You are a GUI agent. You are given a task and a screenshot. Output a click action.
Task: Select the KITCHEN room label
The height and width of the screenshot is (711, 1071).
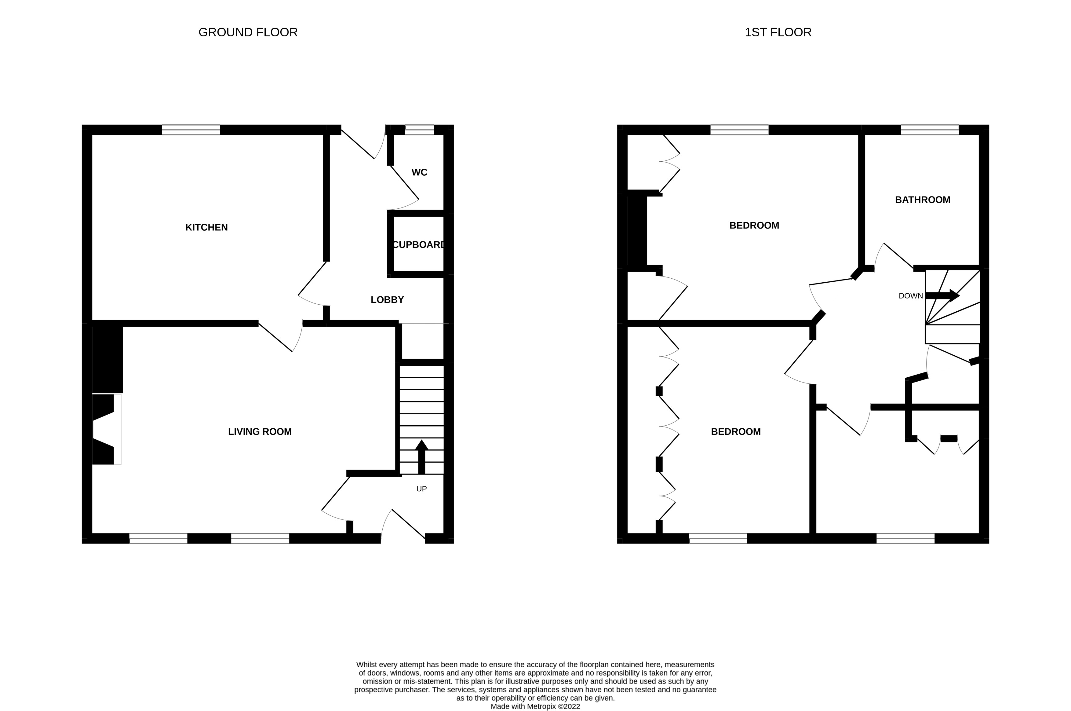pyautogui.click(x=206, y=228)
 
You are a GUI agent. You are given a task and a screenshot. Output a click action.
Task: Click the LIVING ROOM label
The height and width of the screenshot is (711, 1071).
pyautogui.click(x=260, y=432)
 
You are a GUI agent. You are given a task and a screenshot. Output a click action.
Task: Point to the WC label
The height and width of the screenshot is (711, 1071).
pyautogui.click(x=419, y=172)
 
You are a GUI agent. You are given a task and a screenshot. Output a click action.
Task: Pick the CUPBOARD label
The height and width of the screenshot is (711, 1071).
pyautogui.click(x=418, y=245)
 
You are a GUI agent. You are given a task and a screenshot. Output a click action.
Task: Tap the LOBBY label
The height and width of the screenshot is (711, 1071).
pyautogui.click(x=387, y=300)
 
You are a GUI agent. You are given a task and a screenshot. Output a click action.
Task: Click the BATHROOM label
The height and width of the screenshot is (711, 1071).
pyautogui.click(x=922, y=200)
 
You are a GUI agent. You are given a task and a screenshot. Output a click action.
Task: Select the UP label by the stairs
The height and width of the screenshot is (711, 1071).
pyautogui.click(x=421, y=489)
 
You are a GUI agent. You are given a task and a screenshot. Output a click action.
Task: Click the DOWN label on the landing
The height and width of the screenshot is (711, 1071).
pyautogui.click(x=911, y=296)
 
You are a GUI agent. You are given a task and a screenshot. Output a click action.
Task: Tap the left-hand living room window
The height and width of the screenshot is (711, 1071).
pyautogui.click(x=158, y=538)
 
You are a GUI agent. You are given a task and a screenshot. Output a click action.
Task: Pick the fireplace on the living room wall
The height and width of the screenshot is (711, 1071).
pyautogui.click(x=106, y=429)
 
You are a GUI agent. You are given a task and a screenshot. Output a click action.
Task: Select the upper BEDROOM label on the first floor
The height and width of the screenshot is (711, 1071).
pyautogui.click(x=754, y=225)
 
